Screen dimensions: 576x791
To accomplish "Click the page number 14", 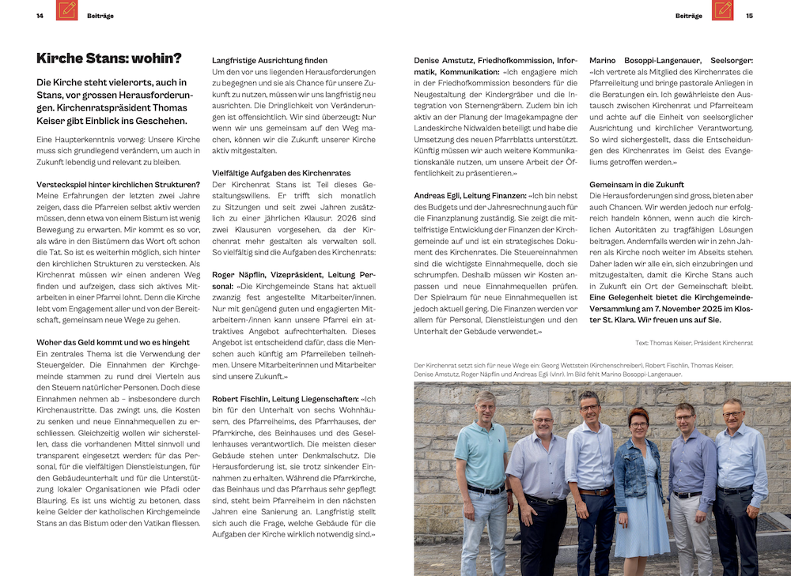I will [x=40, y=16].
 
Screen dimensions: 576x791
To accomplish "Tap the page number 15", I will [x=749, y=16].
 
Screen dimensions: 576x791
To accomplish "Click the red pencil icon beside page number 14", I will [x=67, y=10].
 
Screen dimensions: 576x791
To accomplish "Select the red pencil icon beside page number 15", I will [x=723, y=10].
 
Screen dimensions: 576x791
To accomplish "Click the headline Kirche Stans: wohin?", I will [x=109, y=58].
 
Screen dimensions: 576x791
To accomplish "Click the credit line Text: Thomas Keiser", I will [x=694, y=343].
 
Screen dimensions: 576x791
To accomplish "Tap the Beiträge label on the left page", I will [x=100, y=16].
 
